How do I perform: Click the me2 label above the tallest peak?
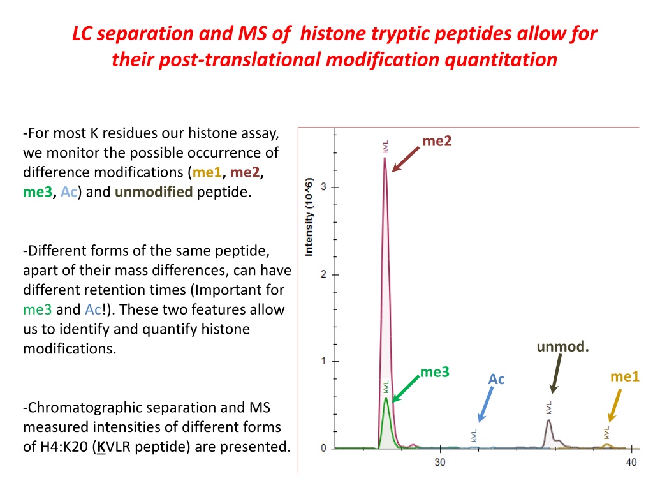[x=437, y=141]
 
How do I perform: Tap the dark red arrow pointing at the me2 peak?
[x=406, y=159]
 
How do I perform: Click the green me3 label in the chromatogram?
[x=434, y=372]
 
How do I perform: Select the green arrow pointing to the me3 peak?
[x=406, y=389]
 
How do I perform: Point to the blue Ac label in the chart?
[x=496, y=379]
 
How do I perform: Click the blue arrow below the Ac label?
[x=485, y=405]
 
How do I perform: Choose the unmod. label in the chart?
[x=562, y=346]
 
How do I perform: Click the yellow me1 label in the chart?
[x=624, y=376]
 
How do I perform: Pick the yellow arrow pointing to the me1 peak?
[x=615, y=406]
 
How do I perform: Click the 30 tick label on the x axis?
[x=440, y=462]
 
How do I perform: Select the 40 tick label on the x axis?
[x=631, y=462]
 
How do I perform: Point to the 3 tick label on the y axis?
[x=323, y=187]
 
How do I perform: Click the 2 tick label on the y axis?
[x=323, y=274]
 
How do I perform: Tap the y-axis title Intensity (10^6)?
[x=309, y=217]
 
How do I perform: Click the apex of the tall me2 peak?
[x=385, y=158]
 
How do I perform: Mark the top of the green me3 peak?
[x=386, y=398]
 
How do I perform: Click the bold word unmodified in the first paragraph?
[x=154, y=192]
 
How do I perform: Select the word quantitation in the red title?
[x=501, y=59]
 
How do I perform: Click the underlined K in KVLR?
[x=101, y=447]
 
